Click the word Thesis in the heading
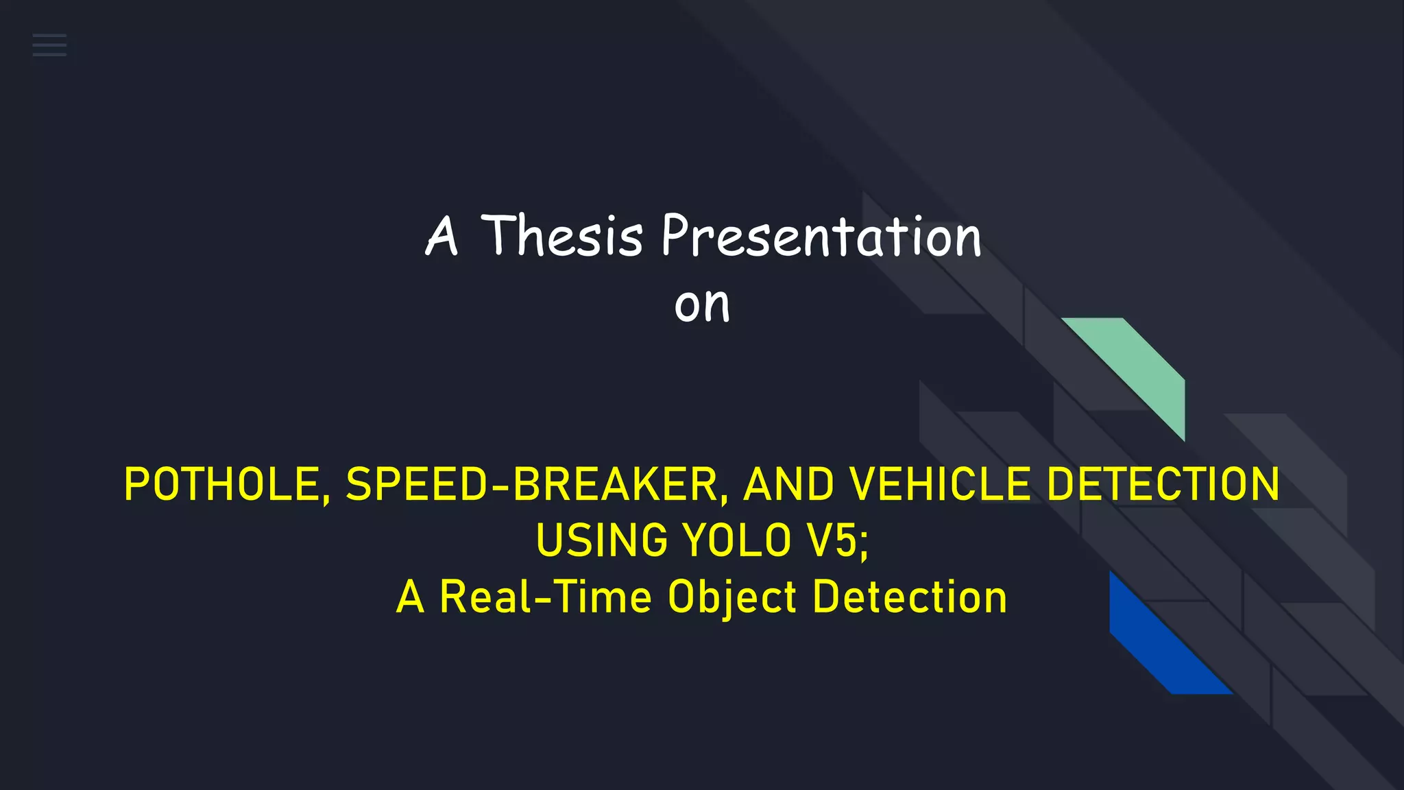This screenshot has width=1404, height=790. [561, 236]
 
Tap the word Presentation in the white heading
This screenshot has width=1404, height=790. [821, 236]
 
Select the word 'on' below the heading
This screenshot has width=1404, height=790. [702, 304]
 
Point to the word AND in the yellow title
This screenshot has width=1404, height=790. [788, 484]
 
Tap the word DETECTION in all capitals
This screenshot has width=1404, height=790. [1163, 484]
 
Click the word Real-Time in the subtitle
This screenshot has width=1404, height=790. [546, 597]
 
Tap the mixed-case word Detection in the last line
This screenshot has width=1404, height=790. [910, 597]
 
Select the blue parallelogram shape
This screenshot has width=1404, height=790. [1159, 641]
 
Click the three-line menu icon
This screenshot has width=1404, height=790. [49, 45]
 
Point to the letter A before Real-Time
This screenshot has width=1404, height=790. [410, 597]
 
